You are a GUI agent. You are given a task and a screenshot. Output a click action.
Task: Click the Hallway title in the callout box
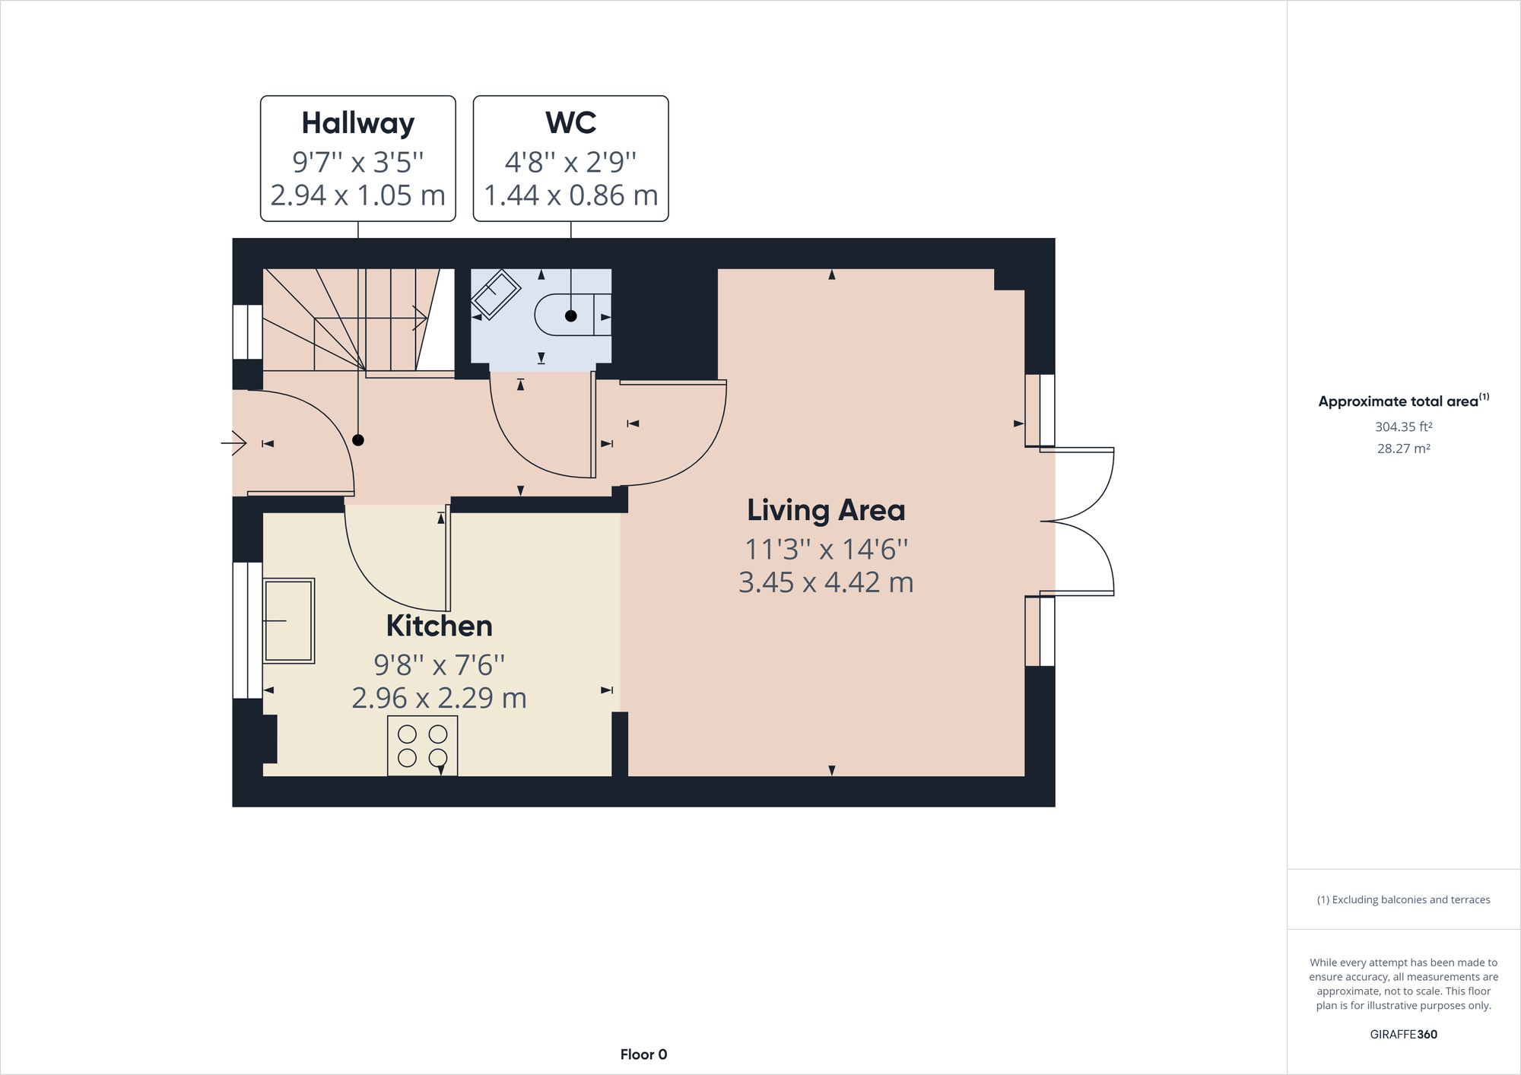[x=357, y=123]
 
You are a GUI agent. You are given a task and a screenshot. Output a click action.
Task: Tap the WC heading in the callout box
[x=570, y=123]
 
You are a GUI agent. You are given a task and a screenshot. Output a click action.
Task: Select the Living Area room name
[x=826, y=510]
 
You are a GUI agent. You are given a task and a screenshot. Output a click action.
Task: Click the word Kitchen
[x=439, y=626]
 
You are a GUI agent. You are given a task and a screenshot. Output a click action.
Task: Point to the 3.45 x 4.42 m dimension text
[x=826, y=582]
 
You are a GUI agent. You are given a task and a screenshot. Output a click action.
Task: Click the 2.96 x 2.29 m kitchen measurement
[x=439, y=698]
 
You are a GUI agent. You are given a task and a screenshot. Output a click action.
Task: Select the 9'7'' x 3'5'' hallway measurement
[x=357, y=162]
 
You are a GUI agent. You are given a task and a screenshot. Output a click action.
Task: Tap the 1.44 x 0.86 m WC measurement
[x=570, y=195]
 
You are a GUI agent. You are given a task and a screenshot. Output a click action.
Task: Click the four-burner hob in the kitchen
[x=422, y=746]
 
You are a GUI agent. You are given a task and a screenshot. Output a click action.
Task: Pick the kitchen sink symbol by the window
[x=289, y=620]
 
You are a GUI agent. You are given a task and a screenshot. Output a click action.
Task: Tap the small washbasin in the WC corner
[x=496, y=294]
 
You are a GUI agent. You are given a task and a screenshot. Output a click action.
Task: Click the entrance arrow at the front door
[x=237, y=442]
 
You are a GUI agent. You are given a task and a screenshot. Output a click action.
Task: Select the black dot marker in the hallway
[x=358, y=440]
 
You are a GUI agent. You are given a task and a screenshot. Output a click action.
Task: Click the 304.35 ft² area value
[x=1403, y=427]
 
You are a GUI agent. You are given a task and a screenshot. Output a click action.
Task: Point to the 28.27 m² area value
[x=1403, y=449]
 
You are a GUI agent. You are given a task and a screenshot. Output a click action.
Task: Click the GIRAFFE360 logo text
[x=1403, y=1034]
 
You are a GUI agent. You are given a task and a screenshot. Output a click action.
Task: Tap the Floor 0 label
[x=643, y=1054]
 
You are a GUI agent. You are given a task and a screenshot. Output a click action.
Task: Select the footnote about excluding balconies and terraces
[x=1403, y=899]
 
